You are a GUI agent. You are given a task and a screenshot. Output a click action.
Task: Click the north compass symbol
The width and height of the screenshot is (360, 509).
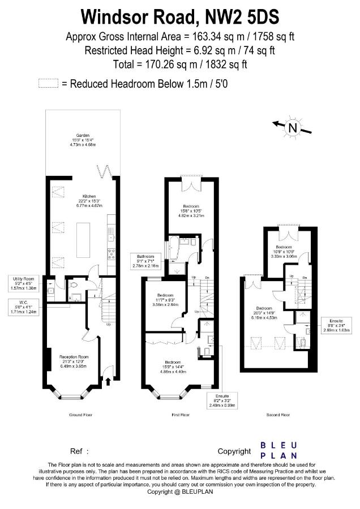(x=293, y=128)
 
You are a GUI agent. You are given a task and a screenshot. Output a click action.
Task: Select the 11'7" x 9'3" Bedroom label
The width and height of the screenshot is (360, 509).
(x=165, y=300)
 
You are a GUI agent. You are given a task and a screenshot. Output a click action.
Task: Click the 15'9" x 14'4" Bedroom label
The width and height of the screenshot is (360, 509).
(x=173, y=366)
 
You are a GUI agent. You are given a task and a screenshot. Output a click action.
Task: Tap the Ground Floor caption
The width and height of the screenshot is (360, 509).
(x=81, y=415)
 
